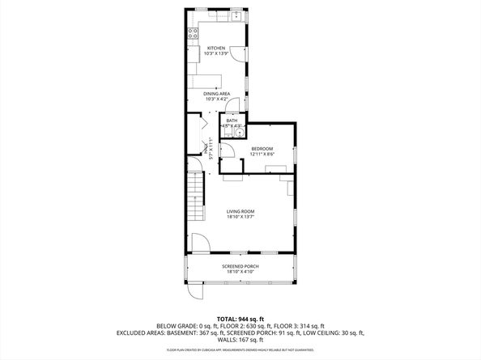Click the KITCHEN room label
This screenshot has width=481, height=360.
tap(215, 49)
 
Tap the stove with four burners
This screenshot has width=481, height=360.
tap(194, 33)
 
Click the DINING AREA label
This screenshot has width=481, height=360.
tap(216, 94)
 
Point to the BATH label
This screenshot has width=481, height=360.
tap(232, 121)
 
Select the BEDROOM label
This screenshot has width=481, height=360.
tap(262, 148)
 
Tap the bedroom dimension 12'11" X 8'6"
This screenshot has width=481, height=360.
tap(262, 154)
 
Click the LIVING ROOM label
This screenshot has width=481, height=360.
tap(240, 211)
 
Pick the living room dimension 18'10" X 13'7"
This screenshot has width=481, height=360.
tap(240, 217)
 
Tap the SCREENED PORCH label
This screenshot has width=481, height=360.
tap(240, 266)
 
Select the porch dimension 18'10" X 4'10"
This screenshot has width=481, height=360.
tap(240, 272)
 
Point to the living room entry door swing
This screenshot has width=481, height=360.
tap(200, 243)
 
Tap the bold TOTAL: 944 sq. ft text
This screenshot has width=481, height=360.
tap(240, 318)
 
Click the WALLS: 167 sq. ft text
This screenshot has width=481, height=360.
tap(240, 340)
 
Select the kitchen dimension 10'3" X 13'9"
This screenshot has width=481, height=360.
tap(215, 54)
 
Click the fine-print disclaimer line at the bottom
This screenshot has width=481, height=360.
tap(240, 349)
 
